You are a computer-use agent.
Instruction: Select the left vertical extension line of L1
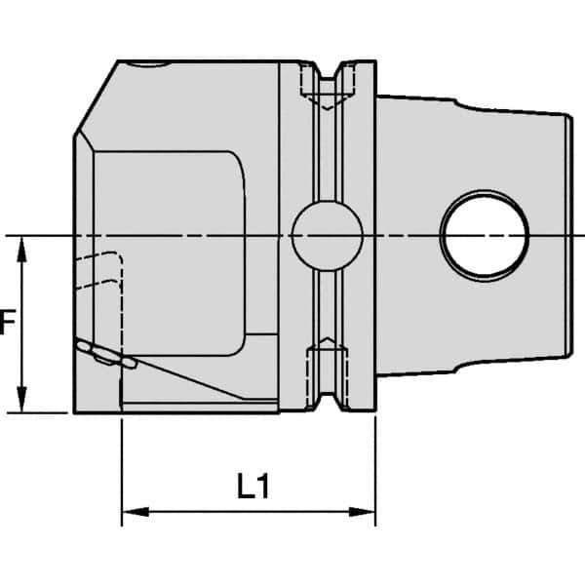(x=121, y=458)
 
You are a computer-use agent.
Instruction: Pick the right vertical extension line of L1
(x=375, y=458)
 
